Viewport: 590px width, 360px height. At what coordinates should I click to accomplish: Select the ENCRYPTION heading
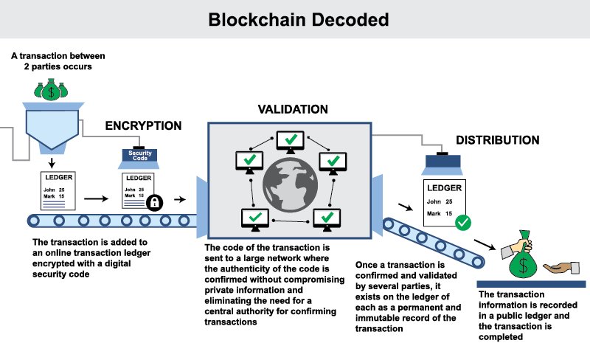[x=145, y=125]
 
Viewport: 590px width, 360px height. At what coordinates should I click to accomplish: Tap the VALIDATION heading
[x=293, y=109]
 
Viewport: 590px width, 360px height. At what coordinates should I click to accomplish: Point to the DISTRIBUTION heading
[x=497, y=140]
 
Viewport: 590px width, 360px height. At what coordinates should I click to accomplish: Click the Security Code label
[x=140, y=156]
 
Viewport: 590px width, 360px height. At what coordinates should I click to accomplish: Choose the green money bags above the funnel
[x=49, y=90]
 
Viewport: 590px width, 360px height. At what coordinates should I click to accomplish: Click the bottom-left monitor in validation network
[x=253, y=218]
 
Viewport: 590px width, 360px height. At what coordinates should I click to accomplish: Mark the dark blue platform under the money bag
[x=531, y=284]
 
